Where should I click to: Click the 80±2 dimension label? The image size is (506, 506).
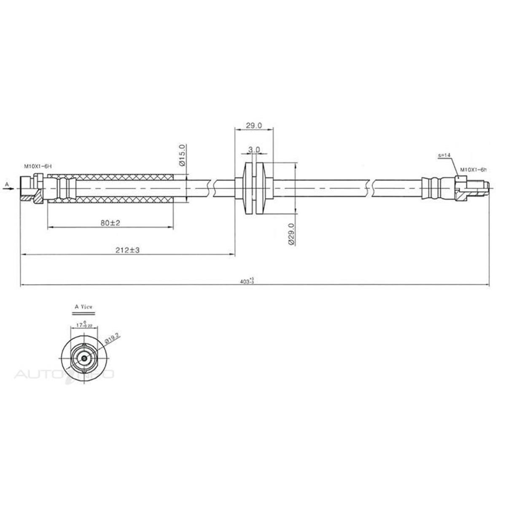[110, 223]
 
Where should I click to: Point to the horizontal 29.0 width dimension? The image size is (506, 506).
[254, 125]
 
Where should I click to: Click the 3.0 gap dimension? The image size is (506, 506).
[254, 150]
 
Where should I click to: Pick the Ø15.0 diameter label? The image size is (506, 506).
[182, 156]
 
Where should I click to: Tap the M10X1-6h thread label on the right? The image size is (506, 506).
[473, 170]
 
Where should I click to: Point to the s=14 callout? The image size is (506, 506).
[444, 155]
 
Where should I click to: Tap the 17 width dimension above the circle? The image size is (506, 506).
[83, 325]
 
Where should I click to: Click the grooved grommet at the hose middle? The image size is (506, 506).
[254, 189]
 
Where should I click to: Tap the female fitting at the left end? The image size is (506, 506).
[30, 188]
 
